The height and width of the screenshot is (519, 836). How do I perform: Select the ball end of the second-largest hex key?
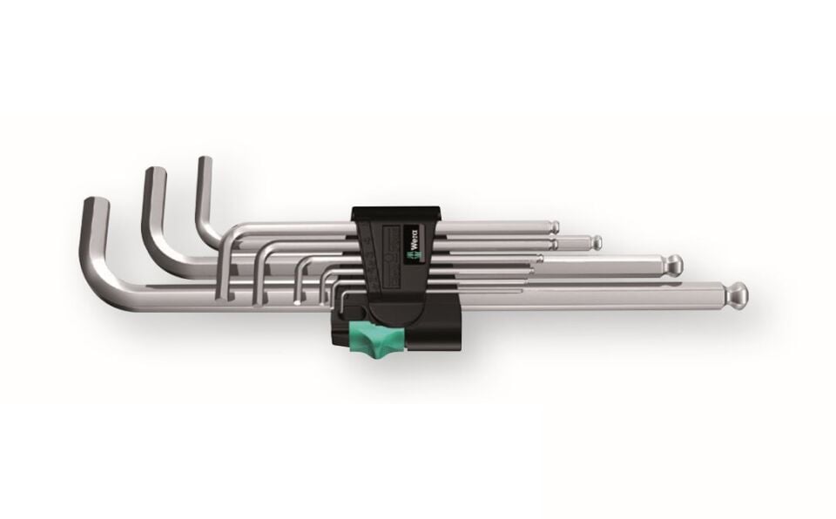tap(674, 262)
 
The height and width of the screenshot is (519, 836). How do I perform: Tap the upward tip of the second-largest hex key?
tap(154, 172)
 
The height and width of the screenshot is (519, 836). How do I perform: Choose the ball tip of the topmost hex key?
tap(555, 227)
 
